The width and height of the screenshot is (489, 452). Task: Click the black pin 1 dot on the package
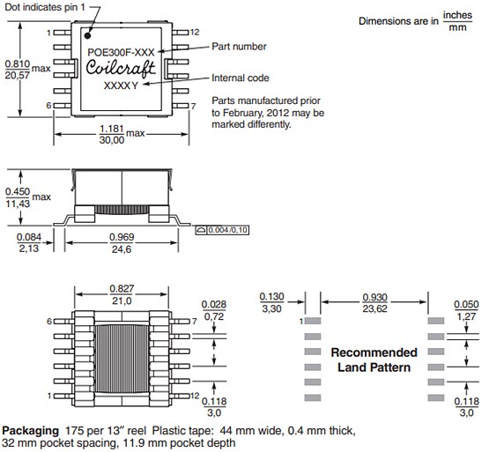(x=88, y=36)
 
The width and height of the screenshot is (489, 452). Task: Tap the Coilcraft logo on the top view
(x=122, y=69)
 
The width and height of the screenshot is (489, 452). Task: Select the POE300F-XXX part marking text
(x=122, y=53)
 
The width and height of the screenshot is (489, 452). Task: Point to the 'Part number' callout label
(x=239, y=46)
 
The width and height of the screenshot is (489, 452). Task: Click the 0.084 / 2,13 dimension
(x=29, y=243)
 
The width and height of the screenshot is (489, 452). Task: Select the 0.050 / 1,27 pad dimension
(x=466, y=310)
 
